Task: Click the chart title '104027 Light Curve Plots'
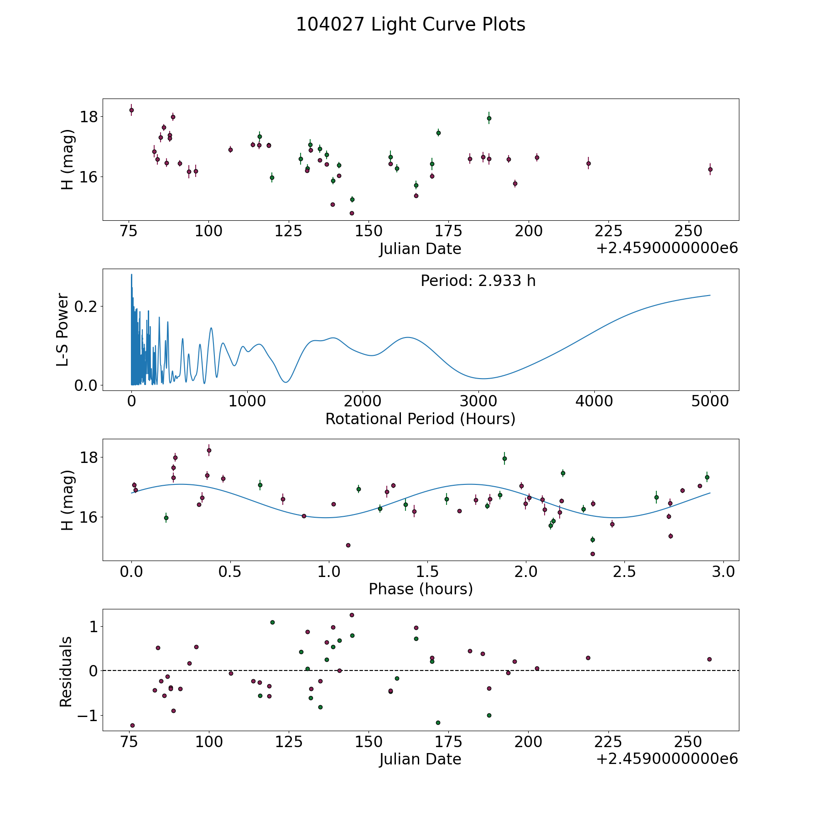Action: pos(410,25)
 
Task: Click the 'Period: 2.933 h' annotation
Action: pos(478,281)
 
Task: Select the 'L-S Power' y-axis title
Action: pos(63,330)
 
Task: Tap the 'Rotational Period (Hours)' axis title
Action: pos(420,419)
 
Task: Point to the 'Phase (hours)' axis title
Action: pos(421,589)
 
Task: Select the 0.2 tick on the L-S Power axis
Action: pos(86,307)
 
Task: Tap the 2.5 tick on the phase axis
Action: pos(624,572)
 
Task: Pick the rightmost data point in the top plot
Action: pos(710,169)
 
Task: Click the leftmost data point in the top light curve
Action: pos(131,110)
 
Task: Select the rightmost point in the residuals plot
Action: pos(709,659)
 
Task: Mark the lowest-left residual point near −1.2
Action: pos(132,725)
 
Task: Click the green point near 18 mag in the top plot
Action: pos(489,118)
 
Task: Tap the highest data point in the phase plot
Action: pos(209,450)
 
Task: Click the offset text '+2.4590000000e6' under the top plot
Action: pos(667,248)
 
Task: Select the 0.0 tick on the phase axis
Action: pos(131,572)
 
